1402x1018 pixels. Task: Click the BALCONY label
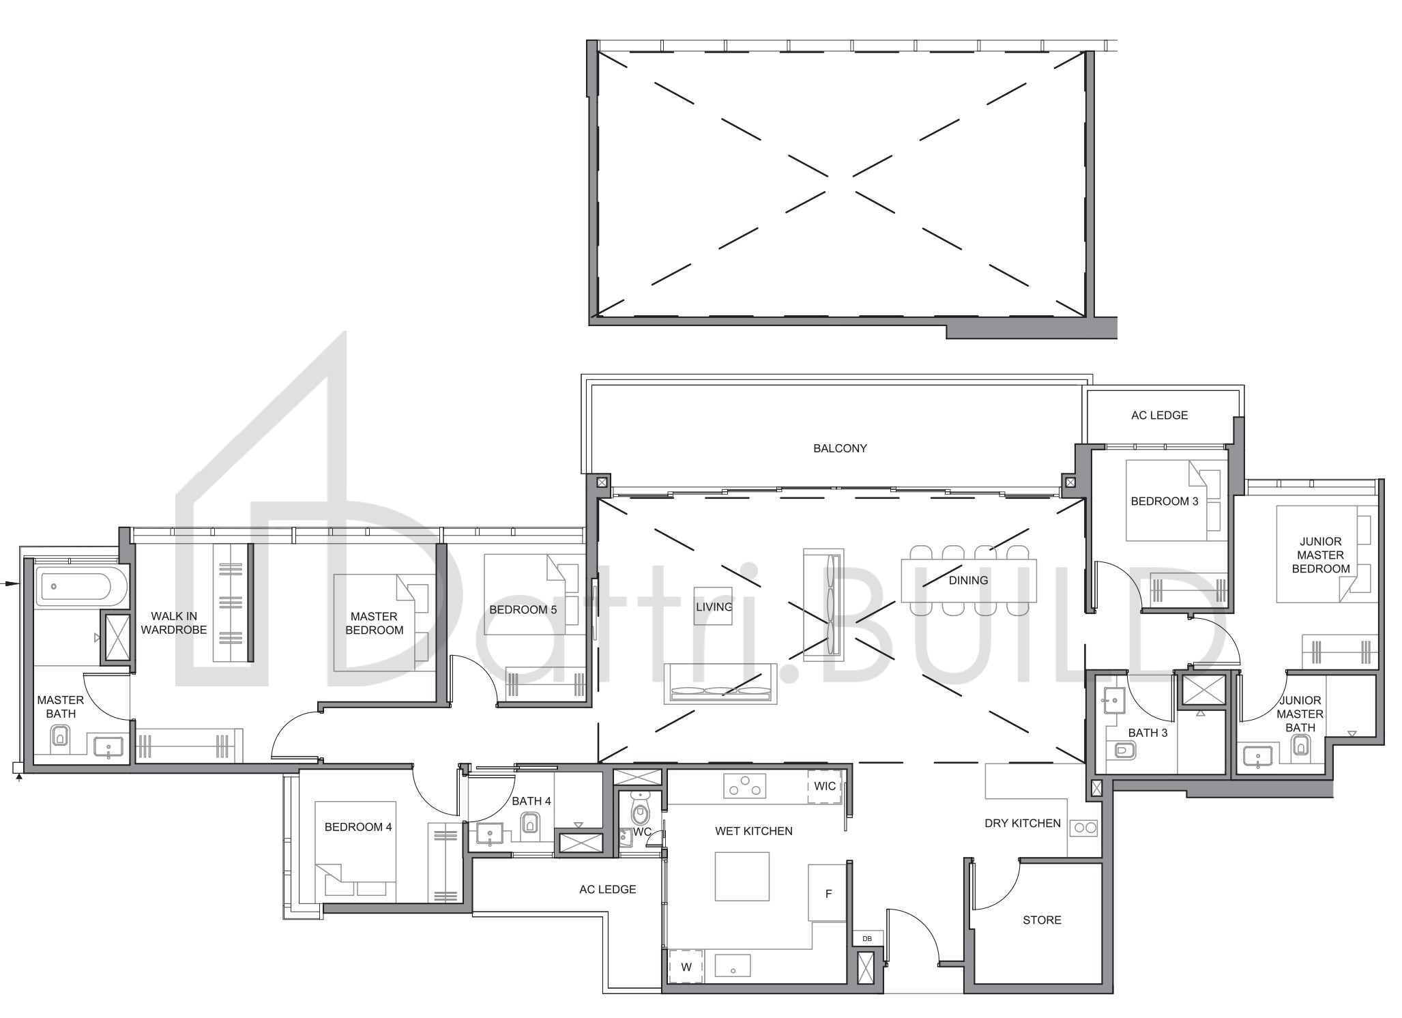click(840, 448)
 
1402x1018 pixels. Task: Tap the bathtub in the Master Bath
click(81, 585)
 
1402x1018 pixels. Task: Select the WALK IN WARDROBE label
click(174, 623)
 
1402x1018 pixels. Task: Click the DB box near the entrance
click(867, 939)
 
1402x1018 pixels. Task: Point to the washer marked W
click(686, 967)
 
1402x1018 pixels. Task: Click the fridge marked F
click(828, 893)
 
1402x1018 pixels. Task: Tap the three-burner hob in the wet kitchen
click(744, 785)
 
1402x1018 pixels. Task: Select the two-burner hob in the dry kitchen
click(1083, 828)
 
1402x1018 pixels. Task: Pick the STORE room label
click(1042, 920)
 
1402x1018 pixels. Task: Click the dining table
click(969, 581)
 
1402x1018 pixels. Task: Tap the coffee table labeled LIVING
click(714, 606)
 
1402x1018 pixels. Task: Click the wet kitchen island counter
click(742, 876)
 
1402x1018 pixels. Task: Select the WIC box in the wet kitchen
click(825, 786)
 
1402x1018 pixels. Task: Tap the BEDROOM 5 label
click(523, 609)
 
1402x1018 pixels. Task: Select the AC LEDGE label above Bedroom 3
click(1159, 415)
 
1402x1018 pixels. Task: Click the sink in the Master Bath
click(108, 748)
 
